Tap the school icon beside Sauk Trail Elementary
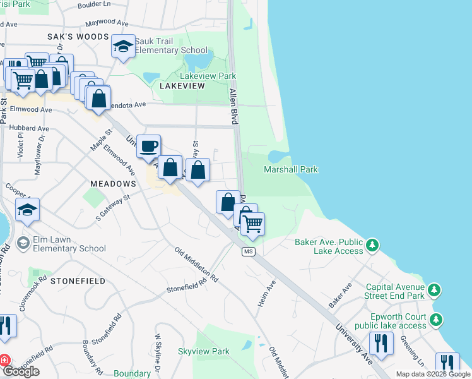click(123, 45)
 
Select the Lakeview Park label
click(208, 76)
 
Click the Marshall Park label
click(290, 169)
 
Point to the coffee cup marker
click(148, 147)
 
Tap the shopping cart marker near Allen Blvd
click(252, 224)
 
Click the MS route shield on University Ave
click(249, 252)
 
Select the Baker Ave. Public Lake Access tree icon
click(373, 244)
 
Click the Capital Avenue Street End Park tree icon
click(434, 290)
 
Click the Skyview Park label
click(203, 351)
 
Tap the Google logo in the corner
click(21, 371)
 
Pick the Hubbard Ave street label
click(26, 127)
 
